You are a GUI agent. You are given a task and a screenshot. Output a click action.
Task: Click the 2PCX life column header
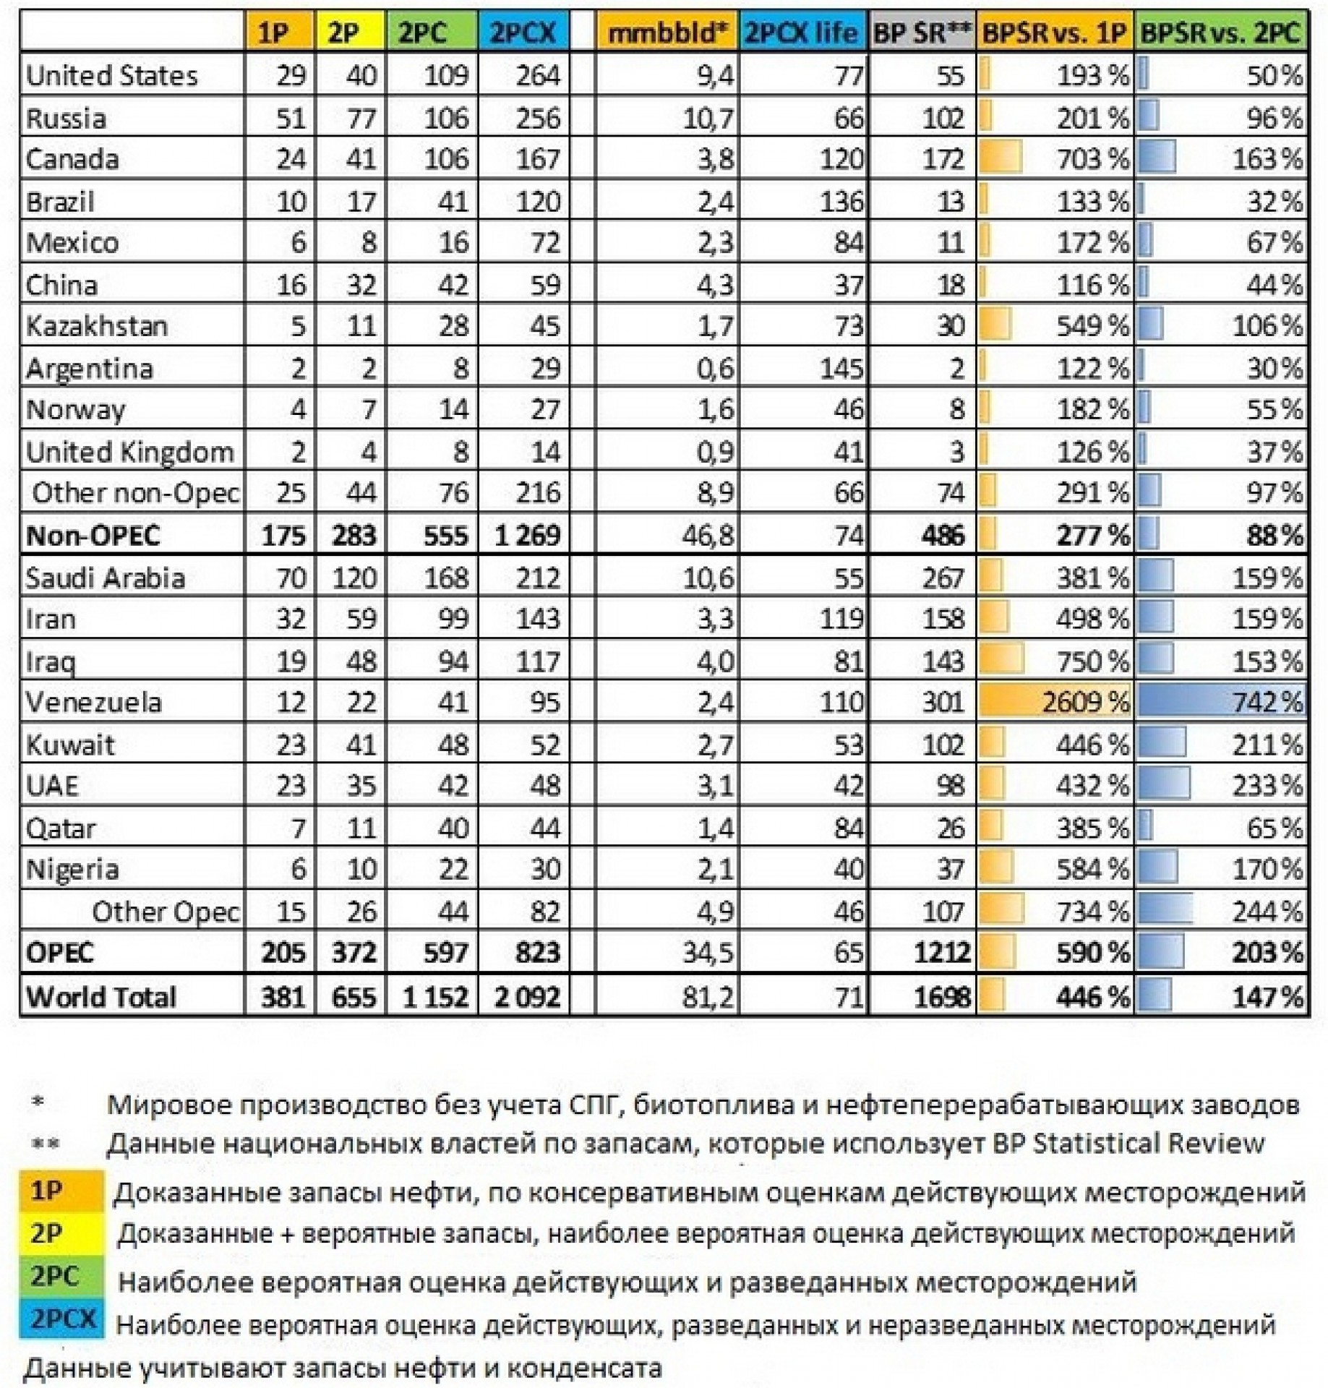pyautogui.click(x=801, y=33)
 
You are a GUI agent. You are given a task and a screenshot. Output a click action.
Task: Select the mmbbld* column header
pyautogui.click(x=667, y=33)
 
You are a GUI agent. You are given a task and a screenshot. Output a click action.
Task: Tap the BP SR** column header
pyautogui.click(x=921, y=33)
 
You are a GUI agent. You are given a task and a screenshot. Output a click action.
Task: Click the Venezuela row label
pyautogui.click(x=94, y=702)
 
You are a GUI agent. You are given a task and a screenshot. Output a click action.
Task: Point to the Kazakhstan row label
pyautogui.click(x=97, y=326)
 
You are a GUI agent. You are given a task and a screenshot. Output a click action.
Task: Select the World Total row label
pyautogui.click(x=101, y=997)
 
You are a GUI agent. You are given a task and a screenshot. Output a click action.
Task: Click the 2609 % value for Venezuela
pyautogui.click(x=1084, y=702)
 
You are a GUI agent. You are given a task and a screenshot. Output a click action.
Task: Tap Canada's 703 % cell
pyautogui.click(x=1092, y=159)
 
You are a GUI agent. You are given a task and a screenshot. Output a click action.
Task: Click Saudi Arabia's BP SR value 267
pyautogui.click(x=943, y=578)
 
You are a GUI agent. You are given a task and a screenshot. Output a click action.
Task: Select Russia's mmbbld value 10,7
pyautogui.click(x=708, y=118)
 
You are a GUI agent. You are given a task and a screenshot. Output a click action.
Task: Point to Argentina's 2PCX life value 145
pyautogui.click(x=841, y=369)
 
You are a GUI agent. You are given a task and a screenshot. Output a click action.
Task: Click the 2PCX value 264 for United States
pyautogui.click(x=537, y=75)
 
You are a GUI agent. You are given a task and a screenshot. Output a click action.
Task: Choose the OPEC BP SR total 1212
pyautogui.click(x=941, y=953)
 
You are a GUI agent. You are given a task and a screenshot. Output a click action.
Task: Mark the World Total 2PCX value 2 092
pyautogui.click(x=527, y=997)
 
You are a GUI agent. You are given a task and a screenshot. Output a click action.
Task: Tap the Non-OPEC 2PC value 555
pyautogui.click(x=445, y=536)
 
